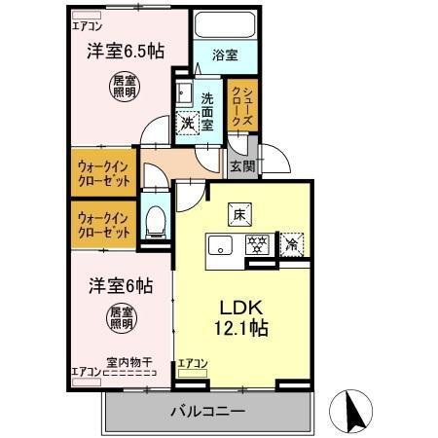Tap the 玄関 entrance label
click(x=241, y=165)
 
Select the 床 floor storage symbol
click(x=237, y=211)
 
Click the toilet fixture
click(x=153, y=222)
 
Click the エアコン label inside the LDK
click(x=193, y=364)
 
